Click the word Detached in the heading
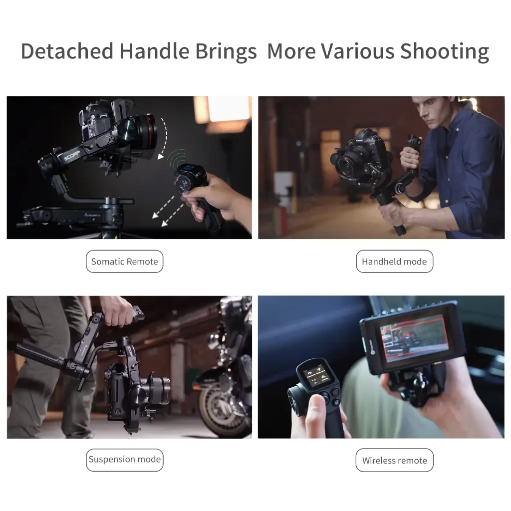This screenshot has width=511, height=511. [67, 51]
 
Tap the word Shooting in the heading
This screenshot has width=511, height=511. [445, 52]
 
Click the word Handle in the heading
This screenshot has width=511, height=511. [154, 51]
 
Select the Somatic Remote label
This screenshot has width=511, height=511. [124, 261]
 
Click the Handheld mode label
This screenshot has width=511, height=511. [394, 261]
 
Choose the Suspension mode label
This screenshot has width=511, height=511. [124, 460]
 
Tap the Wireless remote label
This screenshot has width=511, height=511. [394, 460]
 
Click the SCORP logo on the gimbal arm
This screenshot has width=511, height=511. [72, 156]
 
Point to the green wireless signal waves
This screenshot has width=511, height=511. [176, 158]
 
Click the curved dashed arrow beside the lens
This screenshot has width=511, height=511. [165, 137]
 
